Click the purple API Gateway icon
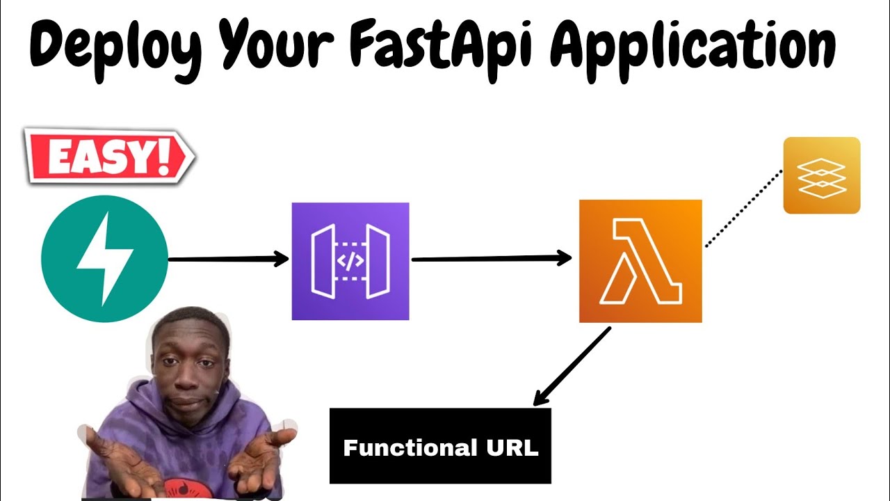[x=350, y=261]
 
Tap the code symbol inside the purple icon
[x=350, y=261]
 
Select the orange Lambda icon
[x=640, y=261]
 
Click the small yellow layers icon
[x=821, y=175]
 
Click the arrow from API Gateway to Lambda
[x=491, y=259]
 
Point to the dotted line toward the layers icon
[x=743, y=209]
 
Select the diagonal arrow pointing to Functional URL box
[x=572, y=367]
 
